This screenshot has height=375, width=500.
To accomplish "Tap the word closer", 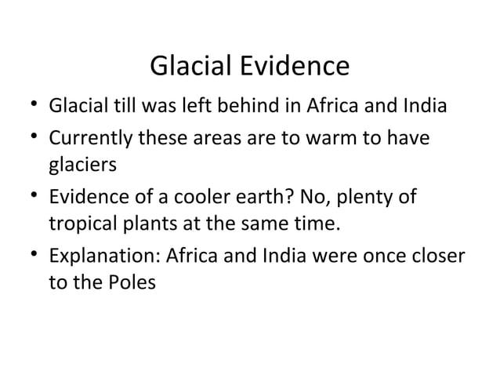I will coord(433,257).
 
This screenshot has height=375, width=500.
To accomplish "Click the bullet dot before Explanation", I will coord(27,257).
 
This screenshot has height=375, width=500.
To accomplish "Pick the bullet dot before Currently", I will coord(27,137).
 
